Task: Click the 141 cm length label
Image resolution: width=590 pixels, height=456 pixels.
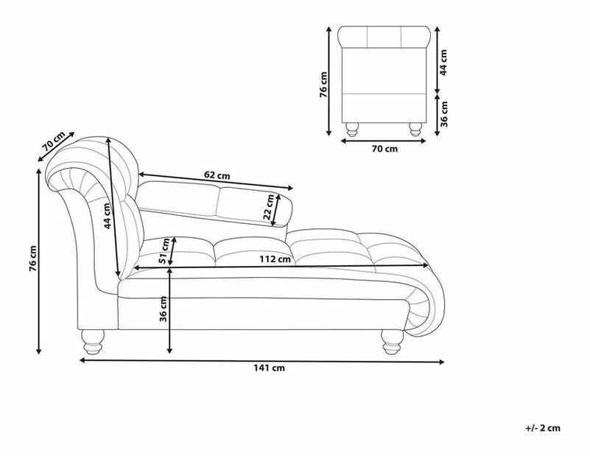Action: click(x=269, y=368)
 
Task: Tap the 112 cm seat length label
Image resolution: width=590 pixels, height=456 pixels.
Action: click(x=275, y=259)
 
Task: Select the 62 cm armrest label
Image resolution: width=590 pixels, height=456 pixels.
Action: click(x=217, y=175)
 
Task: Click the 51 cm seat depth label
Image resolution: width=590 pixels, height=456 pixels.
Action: click(x=164, y=251)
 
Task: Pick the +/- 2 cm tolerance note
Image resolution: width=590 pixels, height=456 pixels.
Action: click(x=543, y=428)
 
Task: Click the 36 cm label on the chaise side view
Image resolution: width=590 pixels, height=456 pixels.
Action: click(x=164, y=309)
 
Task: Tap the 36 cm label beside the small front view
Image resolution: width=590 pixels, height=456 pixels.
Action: click(x=444, y=114)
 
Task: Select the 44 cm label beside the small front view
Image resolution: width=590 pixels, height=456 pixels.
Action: click(x=443, y=63)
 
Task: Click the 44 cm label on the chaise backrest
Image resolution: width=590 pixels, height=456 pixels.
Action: click(x=108, y=216)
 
